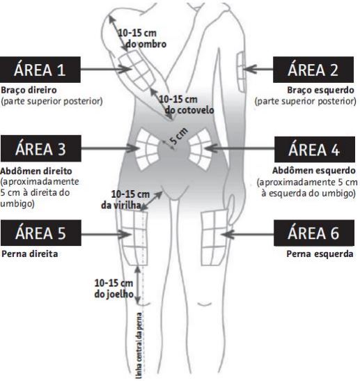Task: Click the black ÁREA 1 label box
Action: (x=40, y=70)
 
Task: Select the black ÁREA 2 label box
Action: (x=313, y=70)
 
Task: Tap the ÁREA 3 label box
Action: (x=41, y=148)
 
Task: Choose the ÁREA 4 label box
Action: (x=315, y=150)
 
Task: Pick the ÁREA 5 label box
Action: (x=41, y=233)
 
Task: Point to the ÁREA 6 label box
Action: (x=314, y=233)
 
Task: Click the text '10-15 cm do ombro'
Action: (x=142, y=38)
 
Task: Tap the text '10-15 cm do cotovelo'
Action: (x=187, y=104)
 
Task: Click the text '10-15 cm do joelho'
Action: (x=114, y=288)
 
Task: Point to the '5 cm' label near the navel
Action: (x=179, y=136)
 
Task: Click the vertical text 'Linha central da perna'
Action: (x=139, y=345)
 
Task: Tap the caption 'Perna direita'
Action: (x=30, y=254)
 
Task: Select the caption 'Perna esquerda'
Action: (x=320, y=254)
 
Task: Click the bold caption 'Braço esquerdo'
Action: (x=320, y=90)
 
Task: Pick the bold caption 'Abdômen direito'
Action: (x=36, y=171)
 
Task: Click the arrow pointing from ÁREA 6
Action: (x=247, y=234)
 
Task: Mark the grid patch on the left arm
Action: (x=241, y=72)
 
